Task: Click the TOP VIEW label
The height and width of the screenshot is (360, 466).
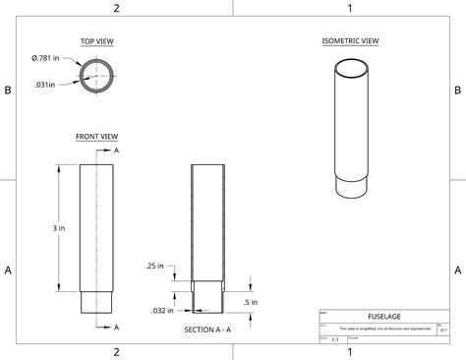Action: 98,41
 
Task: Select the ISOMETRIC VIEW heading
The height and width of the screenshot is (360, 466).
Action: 351,41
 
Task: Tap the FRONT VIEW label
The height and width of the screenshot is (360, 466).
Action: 97,136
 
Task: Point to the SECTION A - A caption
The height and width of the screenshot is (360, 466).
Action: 207,330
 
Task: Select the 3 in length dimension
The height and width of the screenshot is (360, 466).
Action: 59,227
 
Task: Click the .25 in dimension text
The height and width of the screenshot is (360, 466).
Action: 154,266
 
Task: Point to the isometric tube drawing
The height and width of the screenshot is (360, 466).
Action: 351,128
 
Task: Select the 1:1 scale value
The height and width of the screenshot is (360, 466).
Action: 335,338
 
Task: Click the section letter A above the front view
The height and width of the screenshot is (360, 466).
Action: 117,150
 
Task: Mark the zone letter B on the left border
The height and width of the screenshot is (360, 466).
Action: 7,90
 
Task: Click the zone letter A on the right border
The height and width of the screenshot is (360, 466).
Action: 458,270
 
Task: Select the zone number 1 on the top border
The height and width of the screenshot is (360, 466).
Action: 349,8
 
